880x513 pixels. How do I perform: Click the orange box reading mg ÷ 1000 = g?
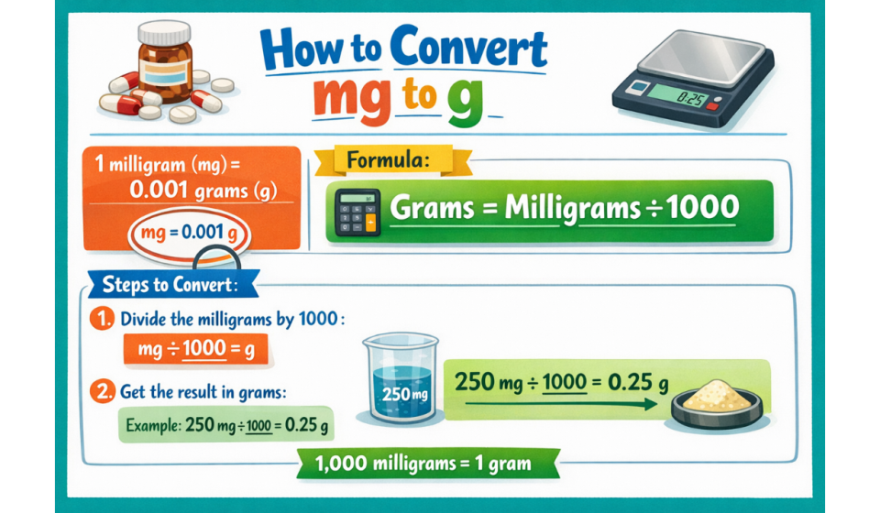click(x=189, y=349)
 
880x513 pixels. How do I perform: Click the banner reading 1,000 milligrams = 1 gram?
click(x=427, y=464)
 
